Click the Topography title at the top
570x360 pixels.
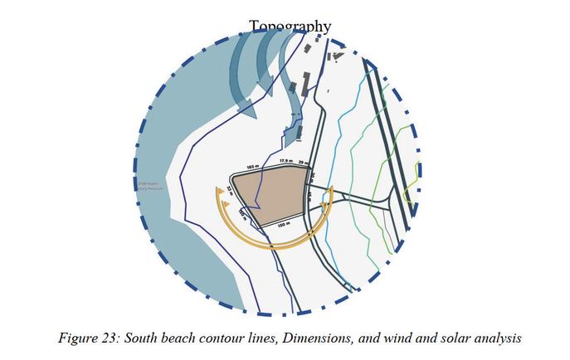tap(290, 27)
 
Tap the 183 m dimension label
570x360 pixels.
tap(251, 167)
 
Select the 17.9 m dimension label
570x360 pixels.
tap(285, 160)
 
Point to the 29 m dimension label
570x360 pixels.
tap(303, 163)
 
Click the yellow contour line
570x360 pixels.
tap(407, 187)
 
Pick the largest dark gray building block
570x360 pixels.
tap(305, 83)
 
